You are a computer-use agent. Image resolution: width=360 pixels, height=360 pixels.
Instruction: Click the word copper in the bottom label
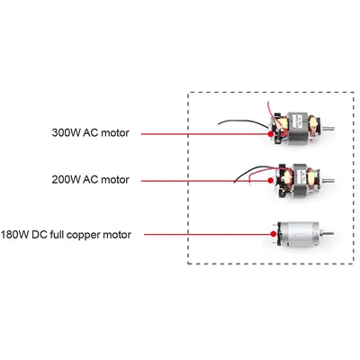(83, 235)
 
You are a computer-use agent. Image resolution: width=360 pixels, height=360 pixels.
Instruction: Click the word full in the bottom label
(57, 234)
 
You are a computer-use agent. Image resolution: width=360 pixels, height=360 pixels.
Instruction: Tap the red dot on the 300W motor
(271, 134)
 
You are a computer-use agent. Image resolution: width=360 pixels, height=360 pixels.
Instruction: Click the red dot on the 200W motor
(270, 181)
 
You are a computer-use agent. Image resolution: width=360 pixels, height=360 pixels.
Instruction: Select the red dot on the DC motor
(273, 234)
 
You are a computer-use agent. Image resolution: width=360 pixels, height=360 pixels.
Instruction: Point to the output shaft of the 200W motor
(328, 181)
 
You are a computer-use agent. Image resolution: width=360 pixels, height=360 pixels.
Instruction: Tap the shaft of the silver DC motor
(328, 233)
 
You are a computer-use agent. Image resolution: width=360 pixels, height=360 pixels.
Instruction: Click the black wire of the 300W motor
(240, 121)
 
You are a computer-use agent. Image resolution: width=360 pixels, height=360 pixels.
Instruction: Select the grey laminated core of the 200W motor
(300, 180)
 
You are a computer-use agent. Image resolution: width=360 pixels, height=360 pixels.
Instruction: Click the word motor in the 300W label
(115, 133)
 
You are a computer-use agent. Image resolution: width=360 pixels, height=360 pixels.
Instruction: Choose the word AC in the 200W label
(90, 180)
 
